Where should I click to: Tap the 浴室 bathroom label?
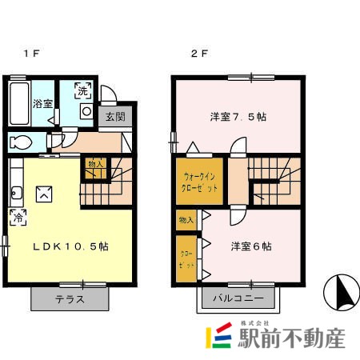pyautogui.click(x=43, y=103)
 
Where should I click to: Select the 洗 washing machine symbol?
pyautogui.click(x=83, y=90)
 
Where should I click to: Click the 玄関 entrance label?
pyautogui.click(x=115, y=117)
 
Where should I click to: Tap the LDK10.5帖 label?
pyautogui.click(x=70, y=246)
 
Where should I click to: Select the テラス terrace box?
pyautogui.click(x=69, y=298)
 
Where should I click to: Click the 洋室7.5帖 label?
pyautogui.click(x=238, y=117)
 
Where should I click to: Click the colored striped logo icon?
pyautogui.click(x=218, y=337)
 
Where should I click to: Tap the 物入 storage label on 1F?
pyautogui.click(x=94, y=163)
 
